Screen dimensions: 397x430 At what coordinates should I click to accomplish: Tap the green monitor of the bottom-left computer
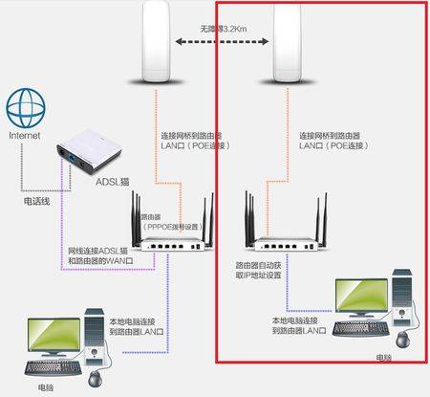[56, 335]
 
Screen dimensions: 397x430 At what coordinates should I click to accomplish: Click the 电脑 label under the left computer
[46, 387]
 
